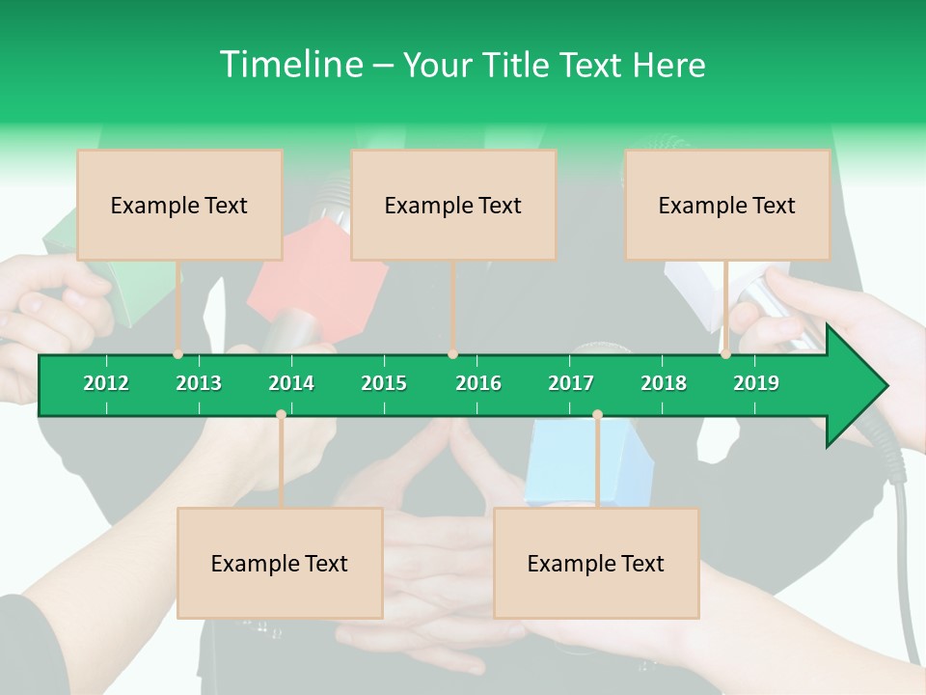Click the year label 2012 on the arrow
click(106, 383)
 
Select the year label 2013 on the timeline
click(199, 383)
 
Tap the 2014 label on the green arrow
click(291, 383)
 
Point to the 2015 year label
click(384, 383)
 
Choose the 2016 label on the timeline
click(478, 383)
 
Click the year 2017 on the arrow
click(571, 383)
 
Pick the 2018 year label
click(664, 383)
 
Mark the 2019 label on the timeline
click(756, 383)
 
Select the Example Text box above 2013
click(179, 205)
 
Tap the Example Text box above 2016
click(453, 205)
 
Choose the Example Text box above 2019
click(727, 205)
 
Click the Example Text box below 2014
click(280, 563)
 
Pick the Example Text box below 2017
click(596, 563)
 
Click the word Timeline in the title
click(289, 65)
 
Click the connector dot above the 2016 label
click(453, 354)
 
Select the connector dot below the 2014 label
click(281, 414)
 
